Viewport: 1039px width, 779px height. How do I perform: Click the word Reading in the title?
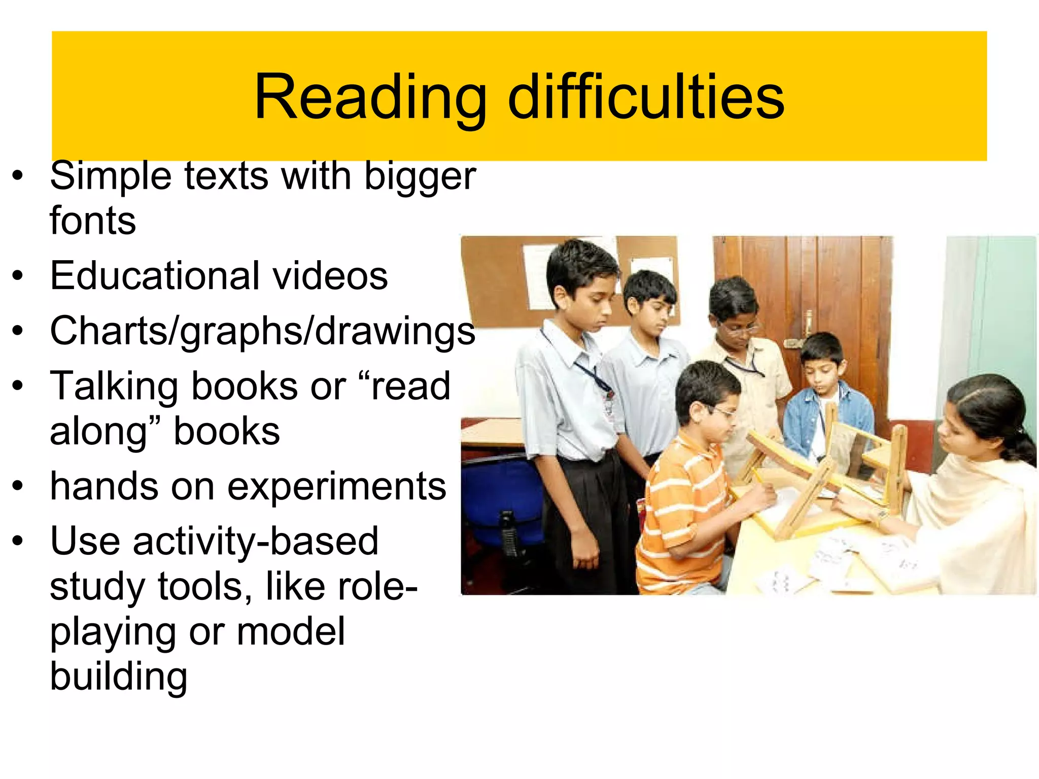coord(370,97)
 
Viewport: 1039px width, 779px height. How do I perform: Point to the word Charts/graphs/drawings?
coord(262,331)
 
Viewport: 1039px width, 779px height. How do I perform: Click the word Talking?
coord(114,386)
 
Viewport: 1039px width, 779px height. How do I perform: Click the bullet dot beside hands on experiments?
coord(18,486)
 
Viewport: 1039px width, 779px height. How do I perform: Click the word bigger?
coord(420,176)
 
